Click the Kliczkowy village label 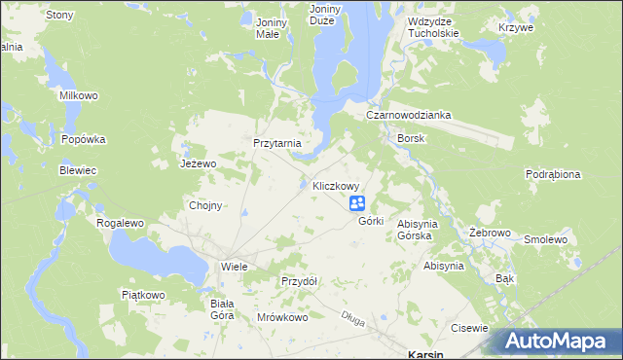337,186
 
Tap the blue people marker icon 357,202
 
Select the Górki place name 371,221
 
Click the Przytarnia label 277,143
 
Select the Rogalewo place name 120,223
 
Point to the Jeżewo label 197,164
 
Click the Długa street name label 351,315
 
